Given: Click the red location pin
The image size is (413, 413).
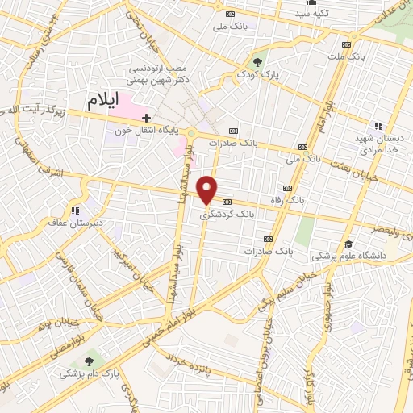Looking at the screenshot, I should point(207,190).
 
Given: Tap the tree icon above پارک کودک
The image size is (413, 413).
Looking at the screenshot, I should point(258,61).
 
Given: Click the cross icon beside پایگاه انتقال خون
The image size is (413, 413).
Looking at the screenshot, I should point(146,118).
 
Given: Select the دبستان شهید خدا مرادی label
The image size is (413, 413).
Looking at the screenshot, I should point(379,144).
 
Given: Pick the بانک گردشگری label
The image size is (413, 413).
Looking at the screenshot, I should point(227,215).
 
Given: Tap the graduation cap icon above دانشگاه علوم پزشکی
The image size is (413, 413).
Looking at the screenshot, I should point(348,244).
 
